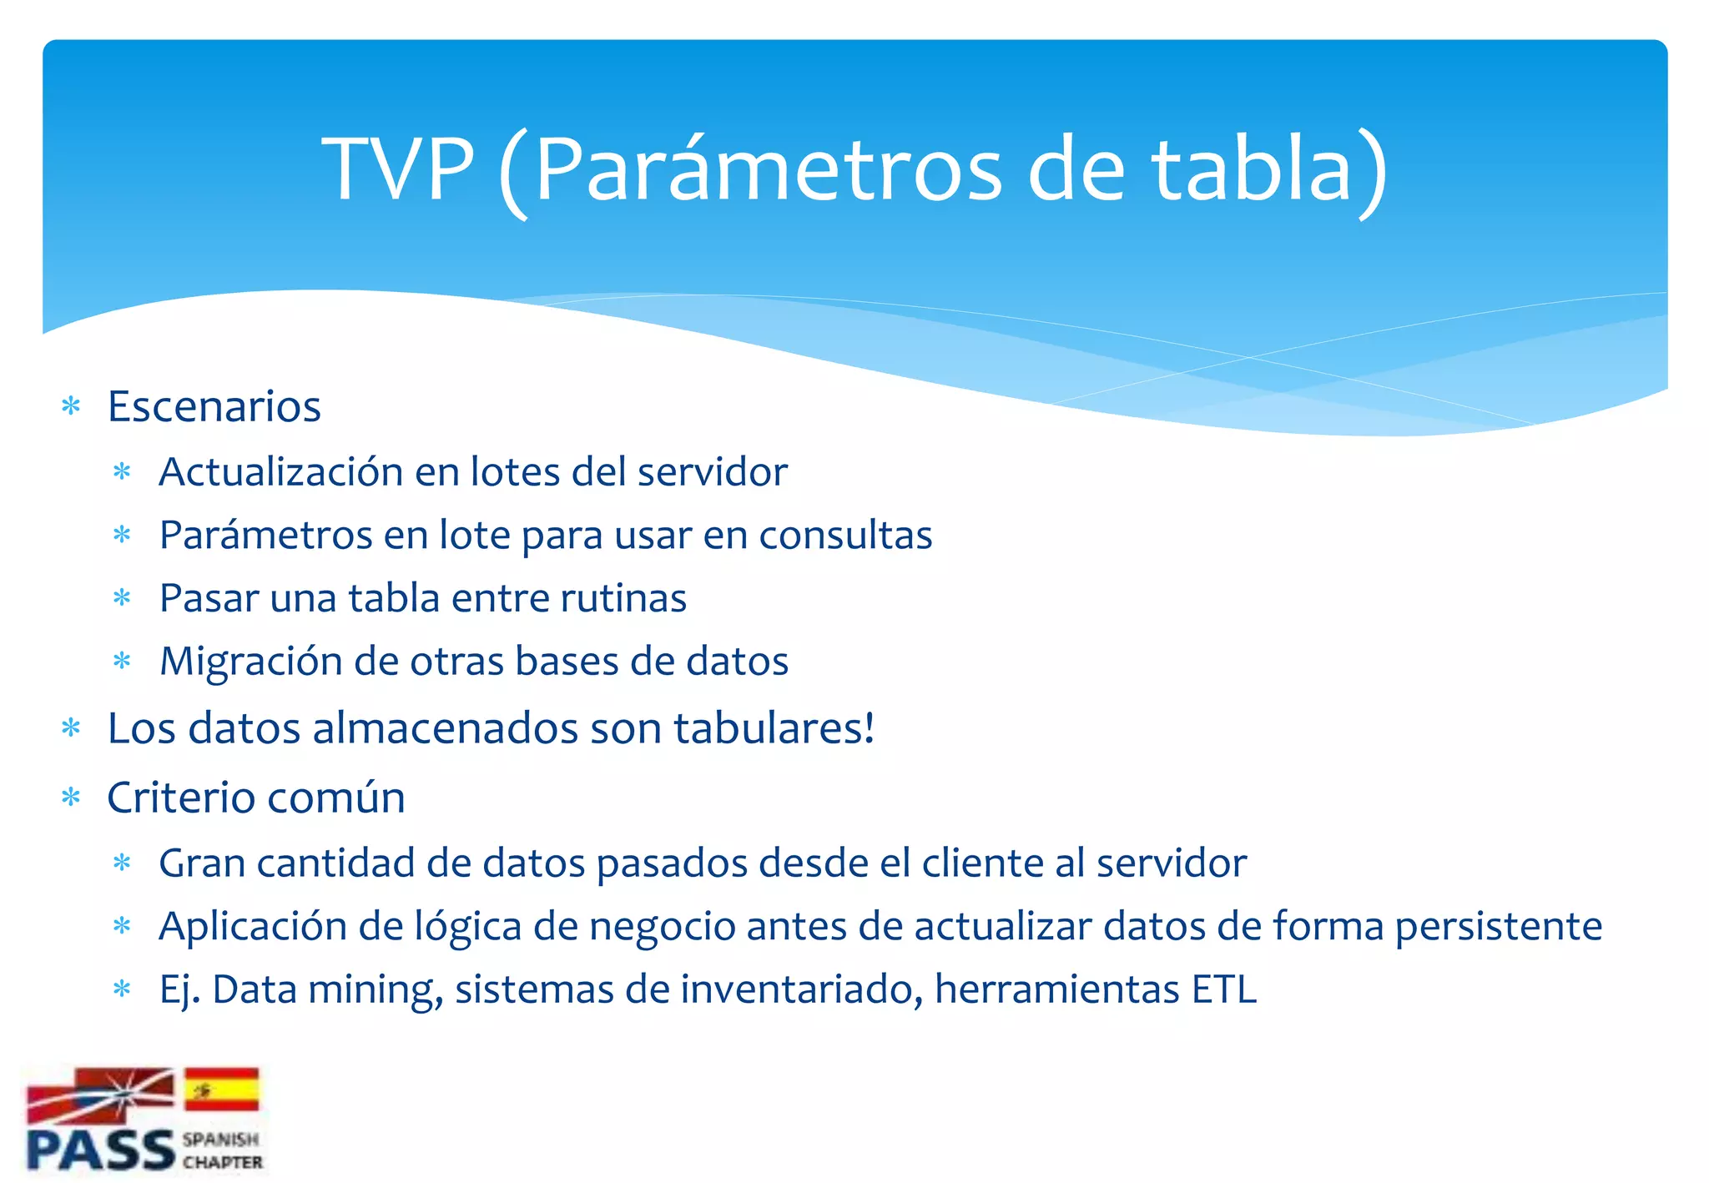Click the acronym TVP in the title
[398, 169]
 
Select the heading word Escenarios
[214, 407]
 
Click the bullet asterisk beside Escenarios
[71, 407]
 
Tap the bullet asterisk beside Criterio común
[71, 798]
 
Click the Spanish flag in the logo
[221, 1089]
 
